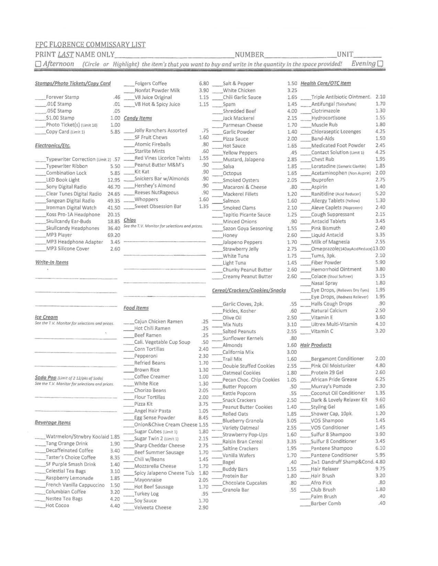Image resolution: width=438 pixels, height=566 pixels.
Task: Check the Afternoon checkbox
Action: (x=38, y=64)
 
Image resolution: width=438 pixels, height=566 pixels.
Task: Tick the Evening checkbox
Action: (x=380, y=64)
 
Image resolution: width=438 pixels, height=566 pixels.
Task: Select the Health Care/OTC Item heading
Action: (x=325, y=83)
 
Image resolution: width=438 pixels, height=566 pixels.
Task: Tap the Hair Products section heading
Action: (x=316, y=345)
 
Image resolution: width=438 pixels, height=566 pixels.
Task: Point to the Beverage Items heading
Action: (x=53, y=423)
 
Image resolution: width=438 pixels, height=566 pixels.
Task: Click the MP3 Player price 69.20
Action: (x=114, y=235)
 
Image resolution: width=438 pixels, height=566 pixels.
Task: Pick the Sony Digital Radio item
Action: (x=66, y=187)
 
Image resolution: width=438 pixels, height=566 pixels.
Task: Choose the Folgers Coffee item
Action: (x=150, y=84)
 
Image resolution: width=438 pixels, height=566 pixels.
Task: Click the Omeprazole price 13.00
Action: (x=379, y=249)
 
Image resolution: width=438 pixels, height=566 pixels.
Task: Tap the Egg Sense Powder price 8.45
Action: (x=203, y=418)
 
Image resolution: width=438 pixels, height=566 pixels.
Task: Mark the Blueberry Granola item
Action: (x=243, y=421)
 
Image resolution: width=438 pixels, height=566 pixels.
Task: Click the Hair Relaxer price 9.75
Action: (x=380, y=469)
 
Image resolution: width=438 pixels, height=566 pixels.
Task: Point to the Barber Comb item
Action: (x=326, y=504)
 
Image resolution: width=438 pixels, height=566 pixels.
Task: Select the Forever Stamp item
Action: (x=62, y=97)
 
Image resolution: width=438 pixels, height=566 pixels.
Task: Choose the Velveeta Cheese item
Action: (x=153, y=508)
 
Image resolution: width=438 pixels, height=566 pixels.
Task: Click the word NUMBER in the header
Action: (x=249, y=55)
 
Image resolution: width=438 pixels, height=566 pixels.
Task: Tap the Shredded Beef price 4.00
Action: (x=292, y=111)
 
